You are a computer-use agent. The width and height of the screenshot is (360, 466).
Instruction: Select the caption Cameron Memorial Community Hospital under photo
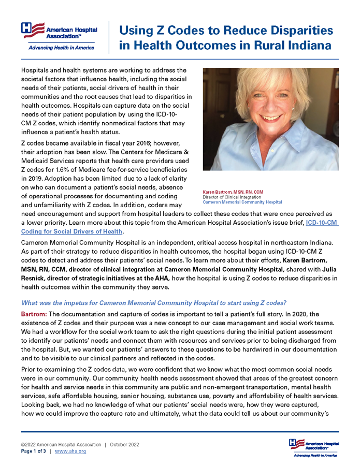[242, 202]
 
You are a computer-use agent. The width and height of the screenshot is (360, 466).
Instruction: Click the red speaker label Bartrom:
[34, 314]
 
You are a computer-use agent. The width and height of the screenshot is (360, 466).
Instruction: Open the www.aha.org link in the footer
[70, 452]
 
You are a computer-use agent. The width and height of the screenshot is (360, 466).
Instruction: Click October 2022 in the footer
[124, 445]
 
